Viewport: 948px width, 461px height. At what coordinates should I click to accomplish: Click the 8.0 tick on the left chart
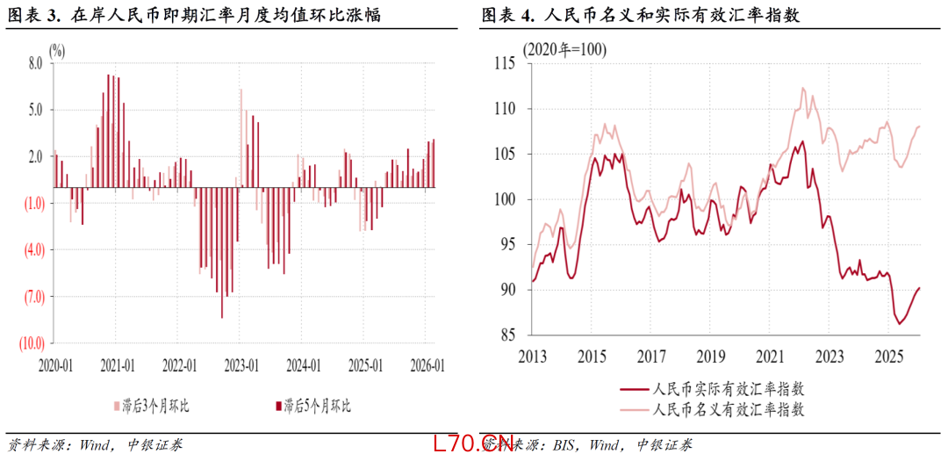click(x=36, y=63)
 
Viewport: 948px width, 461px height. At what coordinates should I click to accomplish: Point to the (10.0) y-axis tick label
click(x=32, y=342)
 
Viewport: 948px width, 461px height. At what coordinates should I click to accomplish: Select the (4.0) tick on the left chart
click(x=34, y=249)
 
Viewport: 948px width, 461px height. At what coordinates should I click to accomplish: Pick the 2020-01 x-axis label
click(x=55, y=364)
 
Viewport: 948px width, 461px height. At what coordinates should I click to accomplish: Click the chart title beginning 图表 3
click(x=193, y=15)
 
